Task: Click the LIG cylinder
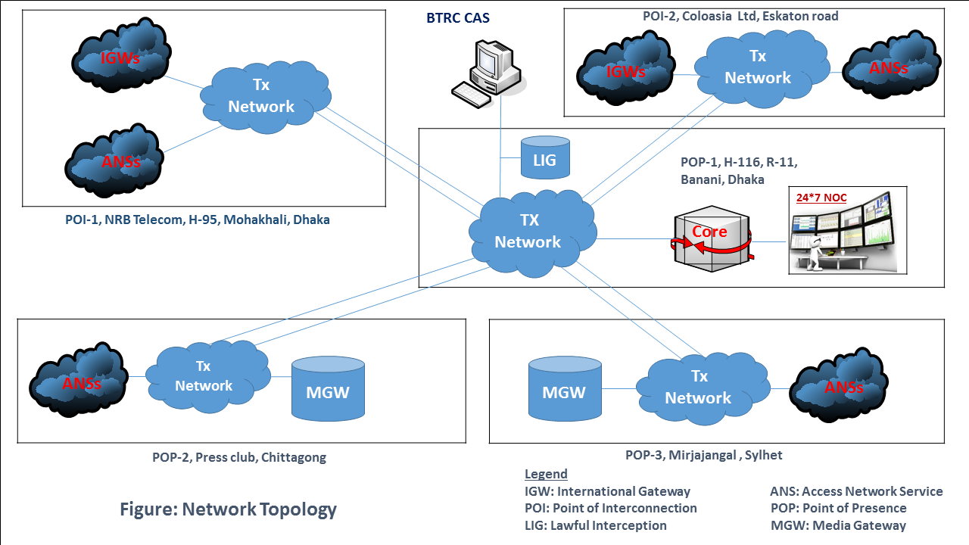click(545, 157)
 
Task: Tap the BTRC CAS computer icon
click(487, 71)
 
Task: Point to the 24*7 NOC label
click(821, 198)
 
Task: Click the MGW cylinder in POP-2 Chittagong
click(327, 388)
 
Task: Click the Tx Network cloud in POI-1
click(262, 97)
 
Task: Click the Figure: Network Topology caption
click(228, 509)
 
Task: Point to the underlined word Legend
click(546, 474)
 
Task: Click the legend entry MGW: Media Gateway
click(838, 525)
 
